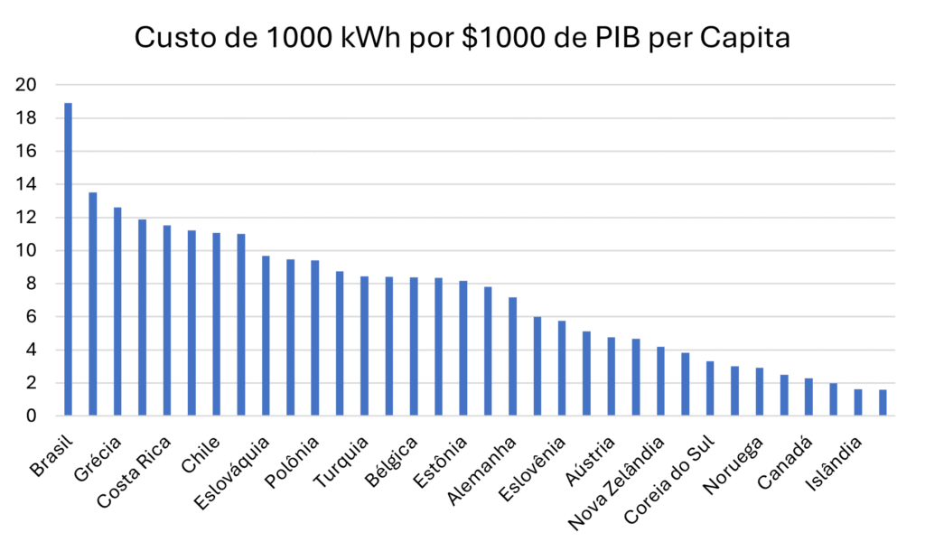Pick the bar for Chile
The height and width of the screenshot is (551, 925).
(x=217, y=324)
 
